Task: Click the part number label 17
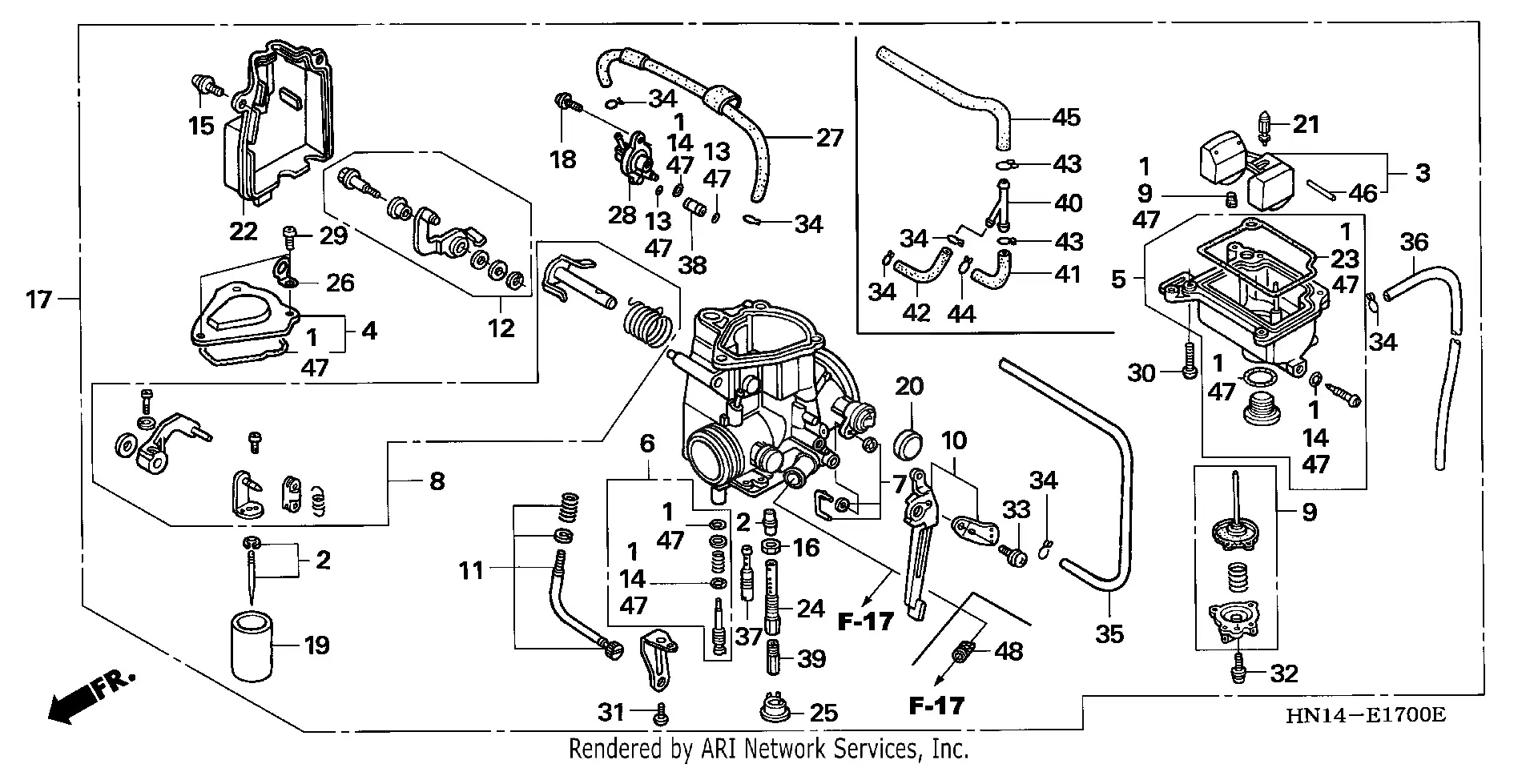[38, 300]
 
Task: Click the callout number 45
[1065, 118]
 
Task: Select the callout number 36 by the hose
[1414, 242]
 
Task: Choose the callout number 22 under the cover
[243, 231]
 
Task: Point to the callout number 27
[829, 138]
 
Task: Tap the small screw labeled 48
[962, 653]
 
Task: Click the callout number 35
[1109, 634]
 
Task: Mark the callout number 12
[501, 328]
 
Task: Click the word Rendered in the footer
[617, 749]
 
